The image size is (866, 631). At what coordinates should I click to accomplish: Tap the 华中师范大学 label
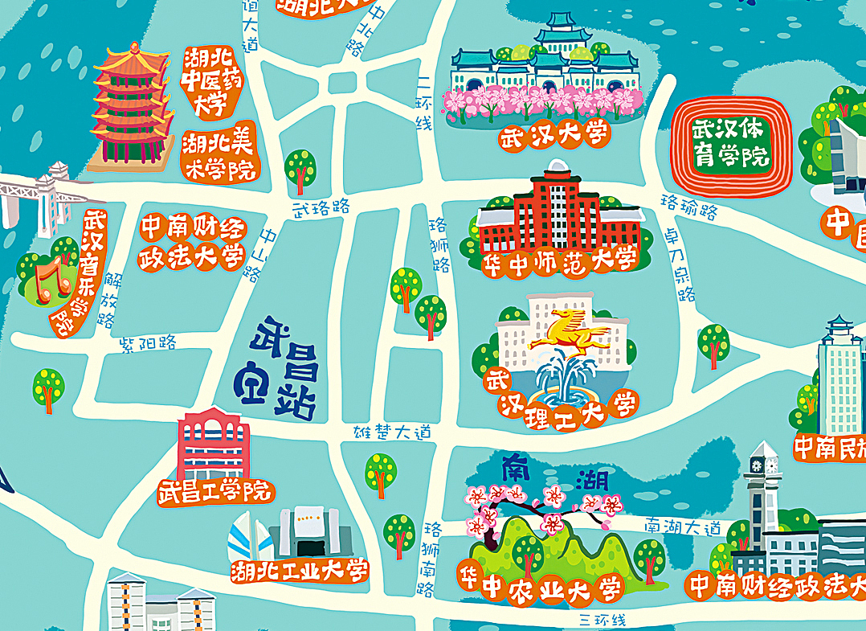(559, 260)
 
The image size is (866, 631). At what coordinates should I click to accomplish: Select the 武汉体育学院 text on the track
(730, 141)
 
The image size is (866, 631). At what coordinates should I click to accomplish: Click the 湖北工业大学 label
(300, 571)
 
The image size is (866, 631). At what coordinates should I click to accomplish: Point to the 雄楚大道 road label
(393, 432)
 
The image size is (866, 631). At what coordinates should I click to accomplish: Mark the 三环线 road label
(602, 620)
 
